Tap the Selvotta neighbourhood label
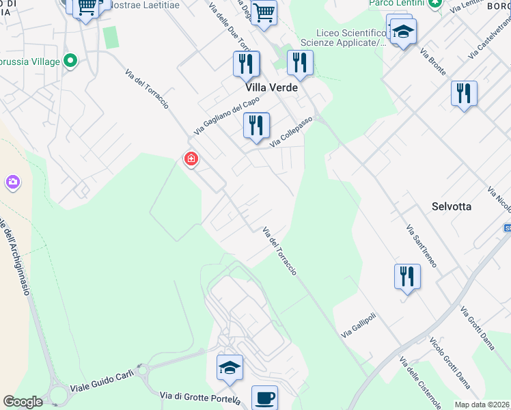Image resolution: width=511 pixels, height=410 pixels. (452, 206)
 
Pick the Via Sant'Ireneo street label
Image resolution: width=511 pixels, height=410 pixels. (420, 245)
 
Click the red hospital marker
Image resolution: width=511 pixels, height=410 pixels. (191, 159)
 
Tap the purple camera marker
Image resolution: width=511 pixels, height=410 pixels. (12, 182)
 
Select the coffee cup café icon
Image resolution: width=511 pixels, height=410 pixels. (264, 396)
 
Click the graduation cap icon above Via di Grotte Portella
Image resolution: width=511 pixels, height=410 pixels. (230, 367)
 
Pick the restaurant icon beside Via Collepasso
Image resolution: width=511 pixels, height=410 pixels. (256, 126)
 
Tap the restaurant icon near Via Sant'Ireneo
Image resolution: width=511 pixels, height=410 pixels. (407, 277)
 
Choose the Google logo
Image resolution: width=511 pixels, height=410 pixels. (23, 402)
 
